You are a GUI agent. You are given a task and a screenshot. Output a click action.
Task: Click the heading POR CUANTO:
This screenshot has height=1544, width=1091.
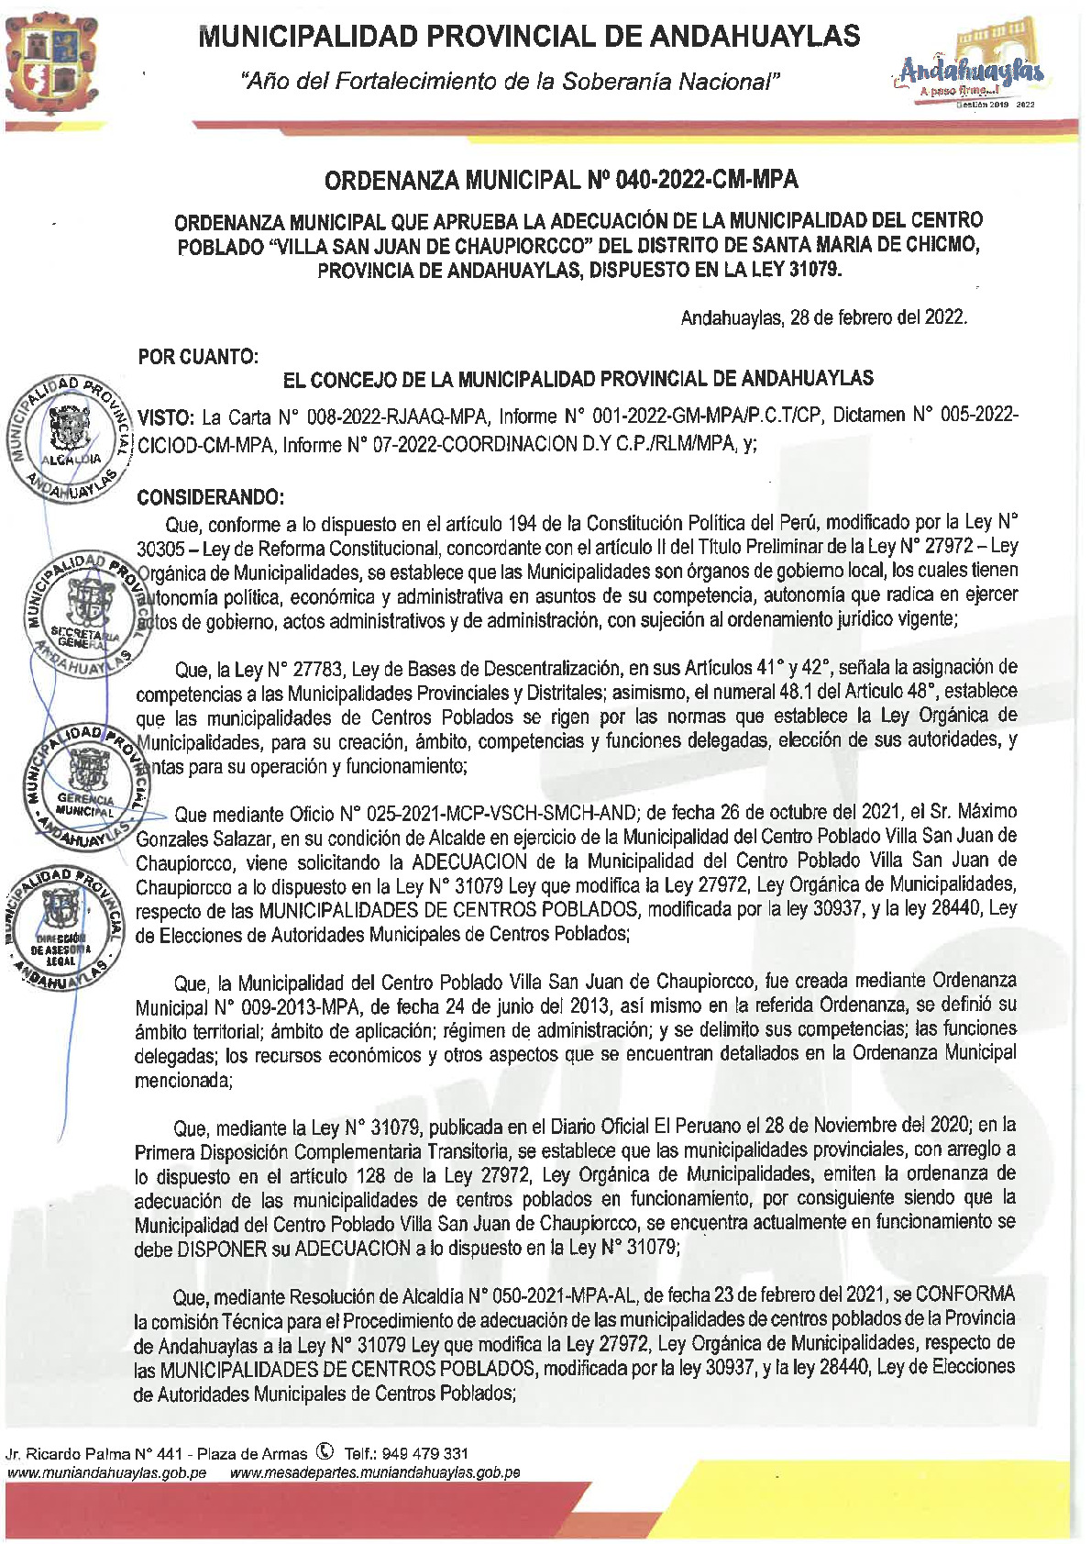[198, 357]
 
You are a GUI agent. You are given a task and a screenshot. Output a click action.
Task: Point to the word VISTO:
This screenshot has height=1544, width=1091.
[166, 417]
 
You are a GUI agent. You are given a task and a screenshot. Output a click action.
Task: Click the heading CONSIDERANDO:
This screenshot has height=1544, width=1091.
[210, 497]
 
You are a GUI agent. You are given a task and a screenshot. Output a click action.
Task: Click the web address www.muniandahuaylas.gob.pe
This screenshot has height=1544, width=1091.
[106, 1472]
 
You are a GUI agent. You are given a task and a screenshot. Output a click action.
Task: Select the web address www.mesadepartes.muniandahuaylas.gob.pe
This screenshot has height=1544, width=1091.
[375, 1472]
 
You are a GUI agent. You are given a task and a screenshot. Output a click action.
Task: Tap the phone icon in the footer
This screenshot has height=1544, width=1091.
[325, 1452]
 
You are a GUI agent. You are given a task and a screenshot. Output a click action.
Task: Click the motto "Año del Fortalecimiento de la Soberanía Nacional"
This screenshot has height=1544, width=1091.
[510, 83]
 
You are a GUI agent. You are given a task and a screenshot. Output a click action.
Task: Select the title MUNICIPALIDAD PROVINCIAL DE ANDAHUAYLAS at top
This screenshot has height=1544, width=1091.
[529, 37]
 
